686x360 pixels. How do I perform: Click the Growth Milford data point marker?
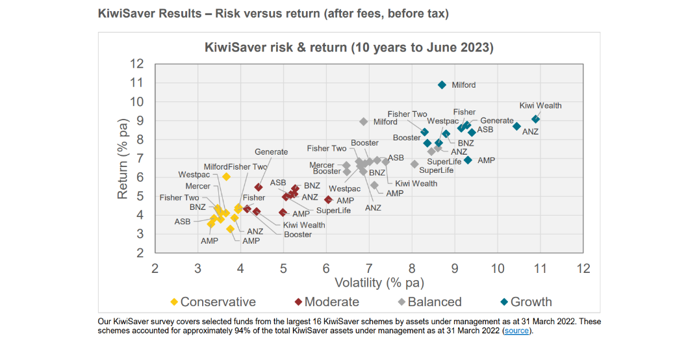coord(442,85)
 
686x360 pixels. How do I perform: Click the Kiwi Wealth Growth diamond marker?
coord(535,119)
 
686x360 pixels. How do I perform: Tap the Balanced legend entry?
coord(429,302)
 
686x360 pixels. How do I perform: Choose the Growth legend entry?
coord(526,302)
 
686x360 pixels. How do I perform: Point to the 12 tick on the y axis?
coord(136,64)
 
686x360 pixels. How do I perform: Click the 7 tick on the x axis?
coord(369,268)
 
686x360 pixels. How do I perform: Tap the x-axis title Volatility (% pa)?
coord(379,283)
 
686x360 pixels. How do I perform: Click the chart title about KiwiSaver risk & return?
coord(349,47)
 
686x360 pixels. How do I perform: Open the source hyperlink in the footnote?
coord(517,331)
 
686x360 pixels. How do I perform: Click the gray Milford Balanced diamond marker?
coord(364,122)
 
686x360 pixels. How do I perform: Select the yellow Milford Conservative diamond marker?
coord(226,176)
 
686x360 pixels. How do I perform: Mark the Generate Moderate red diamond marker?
coord(259,187)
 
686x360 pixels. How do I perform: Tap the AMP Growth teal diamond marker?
coord(468,160)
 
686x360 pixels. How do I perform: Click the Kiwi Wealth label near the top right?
coord(540,106)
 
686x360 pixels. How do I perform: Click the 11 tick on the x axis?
coord(540,268)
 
